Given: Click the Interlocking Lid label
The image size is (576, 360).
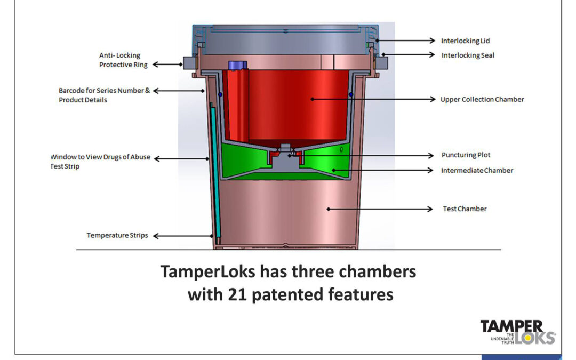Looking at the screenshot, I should pyautogui.click(x=465, y=41).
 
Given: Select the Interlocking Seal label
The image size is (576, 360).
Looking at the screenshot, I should pyautogui.click(x=468, y=55).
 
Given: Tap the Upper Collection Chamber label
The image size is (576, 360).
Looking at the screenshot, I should pyautogui.click(x=482, y=99).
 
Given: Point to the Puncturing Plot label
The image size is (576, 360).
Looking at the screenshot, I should pyautogui.click(x=466, y=155).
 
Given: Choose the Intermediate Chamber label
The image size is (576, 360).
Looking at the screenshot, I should pyautogui.click(x=477, y=171).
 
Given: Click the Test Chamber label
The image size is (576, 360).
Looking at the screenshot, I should pyautogui.click(x=465, y=209).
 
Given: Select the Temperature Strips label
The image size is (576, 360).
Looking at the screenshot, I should pyautogui.click(x=117, y=235).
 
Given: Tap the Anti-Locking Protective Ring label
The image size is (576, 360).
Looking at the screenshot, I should pyautogui.click(x=123, y=60).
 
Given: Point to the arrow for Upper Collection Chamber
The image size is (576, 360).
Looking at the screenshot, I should pyautogui.click(x=373, y=99).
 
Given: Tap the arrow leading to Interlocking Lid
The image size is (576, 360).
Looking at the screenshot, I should pyautogui.click(x=405, y=41).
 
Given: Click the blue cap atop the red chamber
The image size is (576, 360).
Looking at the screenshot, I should pyautogui.click(x=235, y=65).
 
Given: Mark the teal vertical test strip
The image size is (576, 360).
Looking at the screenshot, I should pyautogui.click(x=214, y=171).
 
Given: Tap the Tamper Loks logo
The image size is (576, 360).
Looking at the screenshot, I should pyautogui.click(x=518, y=332).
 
